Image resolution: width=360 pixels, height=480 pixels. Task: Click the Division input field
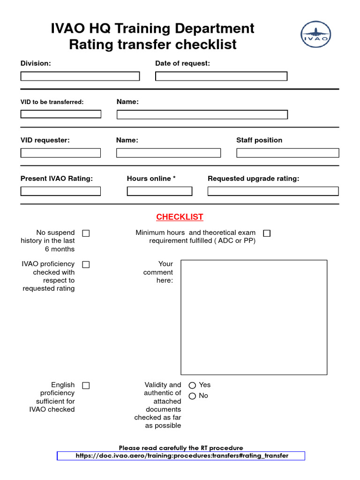point(80,76)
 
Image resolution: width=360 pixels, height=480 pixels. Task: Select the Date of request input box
point(221,76)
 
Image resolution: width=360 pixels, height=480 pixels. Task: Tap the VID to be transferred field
point(61,114)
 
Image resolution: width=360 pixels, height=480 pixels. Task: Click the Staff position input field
point(287,153)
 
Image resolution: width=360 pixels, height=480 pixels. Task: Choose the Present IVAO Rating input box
point(61,191)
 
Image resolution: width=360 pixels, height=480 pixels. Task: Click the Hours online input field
point(159,191)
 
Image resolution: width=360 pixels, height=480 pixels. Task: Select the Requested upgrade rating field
point(273,191)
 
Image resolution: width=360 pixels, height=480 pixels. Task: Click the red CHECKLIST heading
point(180,217)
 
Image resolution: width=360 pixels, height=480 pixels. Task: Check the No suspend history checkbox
point(86,233)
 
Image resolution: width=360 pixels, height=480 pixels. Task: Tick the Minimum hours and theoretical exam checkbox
point(267,233)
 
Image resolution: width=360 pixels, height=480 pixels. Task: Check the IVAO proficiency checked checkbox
point(86,264)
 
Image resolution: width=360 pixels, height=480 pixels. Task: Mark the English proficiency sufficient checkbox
point(86,385)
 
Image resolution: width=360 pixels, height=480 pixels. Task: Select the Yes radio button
point(192,385)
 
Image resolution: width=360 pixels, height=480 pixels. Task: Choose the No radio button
point(192,396)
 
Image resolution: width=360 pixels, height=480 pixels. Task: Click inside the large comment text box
point(254,317)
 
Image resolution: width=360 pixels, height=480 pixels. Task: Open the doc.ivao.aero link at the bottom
point(181,456)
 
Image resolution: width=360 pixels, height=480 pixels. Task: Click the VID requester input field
point(61,153)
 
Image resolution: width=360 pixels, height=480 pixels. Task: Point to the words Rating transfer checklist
point(153,45)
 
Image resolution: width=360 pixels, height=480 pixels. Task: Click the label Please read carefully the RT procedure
point(181,448)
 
